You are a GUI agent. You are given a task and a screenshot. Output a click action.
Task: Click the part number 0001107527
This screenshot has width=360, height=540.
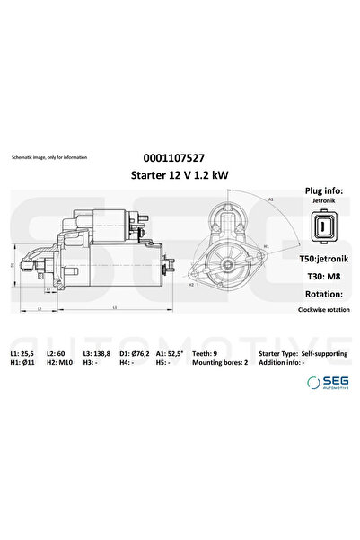[x=180, y=155]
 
